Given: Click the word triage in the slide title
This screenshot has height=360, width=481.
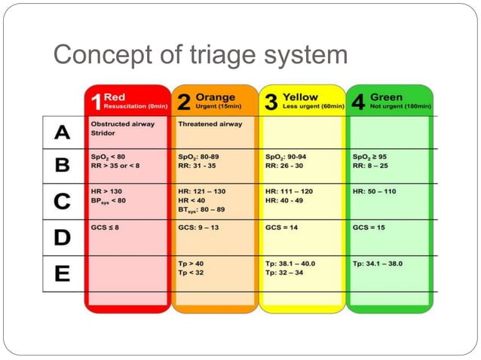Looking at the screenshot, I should pos(216,56).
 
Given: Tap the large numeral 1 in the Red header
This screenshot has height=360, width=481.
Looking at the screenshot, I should pos(94,102).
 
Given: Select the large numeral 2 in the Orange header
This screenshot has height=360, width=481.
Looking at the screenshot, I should pos(182,102).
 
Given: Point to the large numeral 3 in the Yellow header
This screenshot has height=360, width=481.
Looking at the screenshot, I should pos(271,102).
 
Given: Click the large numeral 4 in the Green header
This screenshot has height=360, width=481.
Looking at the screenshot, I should pos(358,102).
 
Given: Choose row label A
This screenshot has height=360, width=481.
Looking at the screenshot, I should pos(63,133).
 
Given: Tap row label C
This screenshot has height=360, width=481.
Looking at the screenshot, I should pos(63,201).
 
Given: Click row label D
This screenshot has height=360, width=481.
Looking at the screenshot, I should pos(63,237).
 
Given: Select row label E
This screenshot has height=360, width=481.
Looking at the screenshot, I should pos(63,273).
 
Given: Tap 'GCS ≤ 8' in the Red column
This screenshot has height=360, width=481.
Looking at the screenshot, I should pos(106,226).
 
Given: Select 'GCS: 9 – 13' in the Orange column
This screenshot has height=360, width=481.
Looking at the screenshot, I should pos(199,226).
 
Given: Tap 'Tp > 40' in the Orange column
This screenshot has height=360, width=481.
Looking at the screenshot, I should pos(192,264).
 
